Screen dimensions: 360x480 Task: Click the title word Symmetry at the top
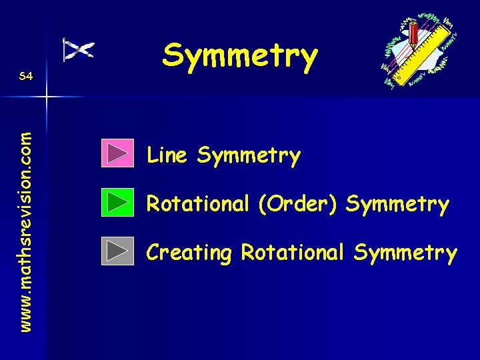(x=240, y=56)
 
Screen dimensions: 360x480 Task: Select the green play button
(x=118, y=202)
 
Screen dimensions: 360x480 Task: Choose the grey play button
(x=118, y=251)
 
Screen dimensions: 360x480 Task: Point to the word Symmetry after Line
(x=249, y=157)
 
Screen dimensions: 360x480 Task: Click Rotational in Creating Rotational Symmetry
(x=293, y=252)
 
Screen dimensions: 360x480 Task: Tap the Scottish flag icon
(x=79, y=49)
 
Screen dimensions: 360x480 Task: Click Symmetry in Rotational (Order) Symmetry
(x=397, y=204)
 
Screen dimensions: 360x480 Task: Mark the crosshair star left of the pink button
(x=46, y=97)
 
